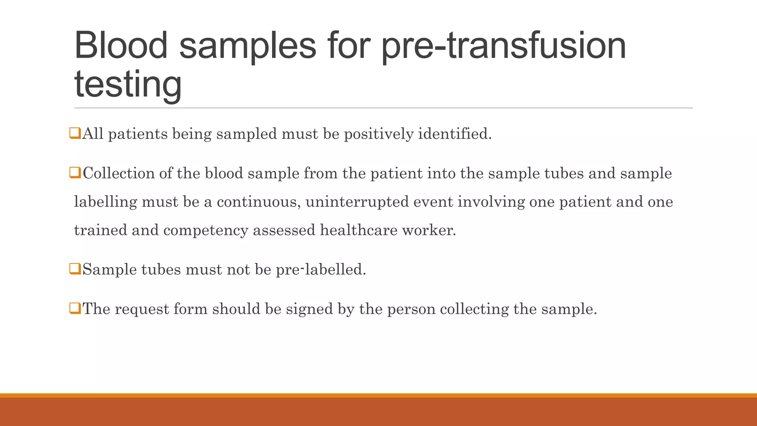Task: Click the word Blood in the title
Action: pos(121,45)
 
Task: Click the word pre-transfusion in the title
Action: pos(503,46)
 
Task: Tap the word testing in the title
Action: pos(128,84)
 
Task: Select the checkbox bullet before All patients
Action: pos(75,133)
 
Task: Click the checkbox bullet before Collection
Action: pos(75,173)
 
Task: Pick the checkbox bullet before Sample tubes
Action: pos(75,269)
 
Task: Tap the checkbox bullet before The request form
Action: pos(75,308)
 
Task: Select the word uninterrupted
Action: pos(357,202)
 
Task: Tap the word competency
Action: pos(206,230)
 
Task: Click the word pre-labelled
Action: pos(321,269)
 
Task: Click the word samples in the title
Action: pos(248,46)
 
